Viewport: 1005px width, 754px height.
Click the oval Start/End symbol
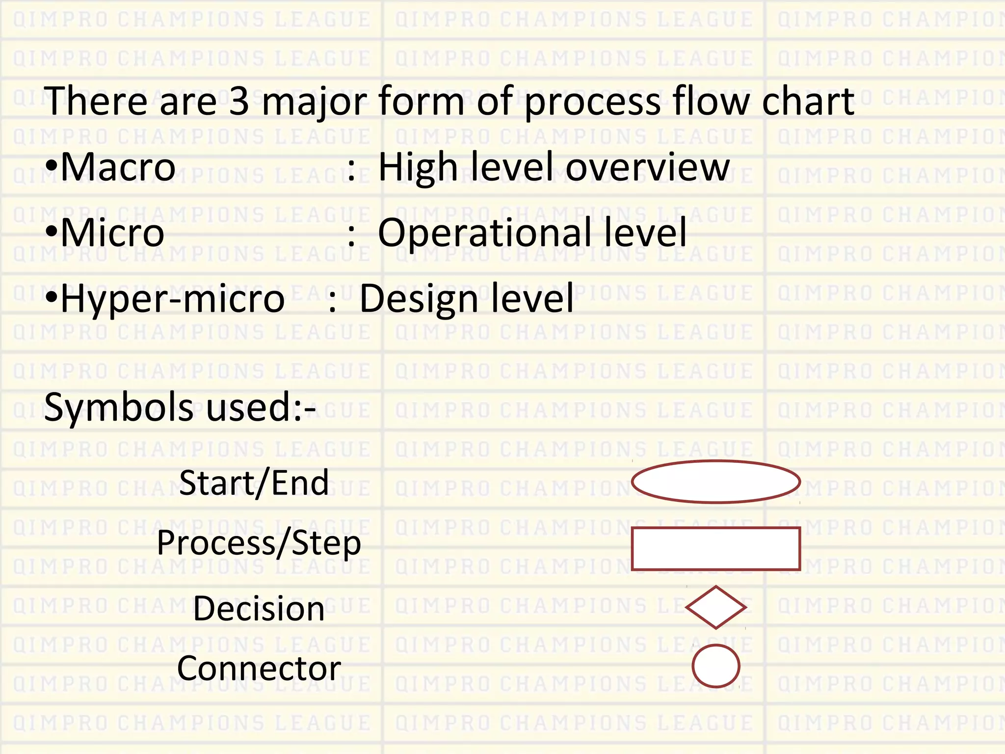715,482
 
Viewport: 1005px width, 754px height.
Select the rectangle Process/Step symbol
715,548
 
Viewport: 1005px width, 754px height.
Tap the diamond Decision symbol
715,607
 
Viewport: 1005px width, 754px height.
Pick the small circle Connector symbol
715,666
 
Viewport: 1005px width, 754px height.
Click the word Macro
118,167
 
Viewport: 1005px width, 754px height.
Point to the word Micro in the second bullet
112,233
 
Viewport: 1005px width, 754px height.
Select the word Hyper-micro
172,299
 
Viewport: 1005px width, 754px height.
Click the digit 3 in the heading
239,101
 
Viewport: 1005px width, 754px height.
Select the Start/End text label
254,483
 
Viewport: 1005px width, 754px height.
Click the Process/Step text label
259,543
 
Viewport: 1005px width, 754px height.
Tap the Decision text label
259,609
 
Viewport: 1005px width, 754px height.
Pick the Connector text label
259,669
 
